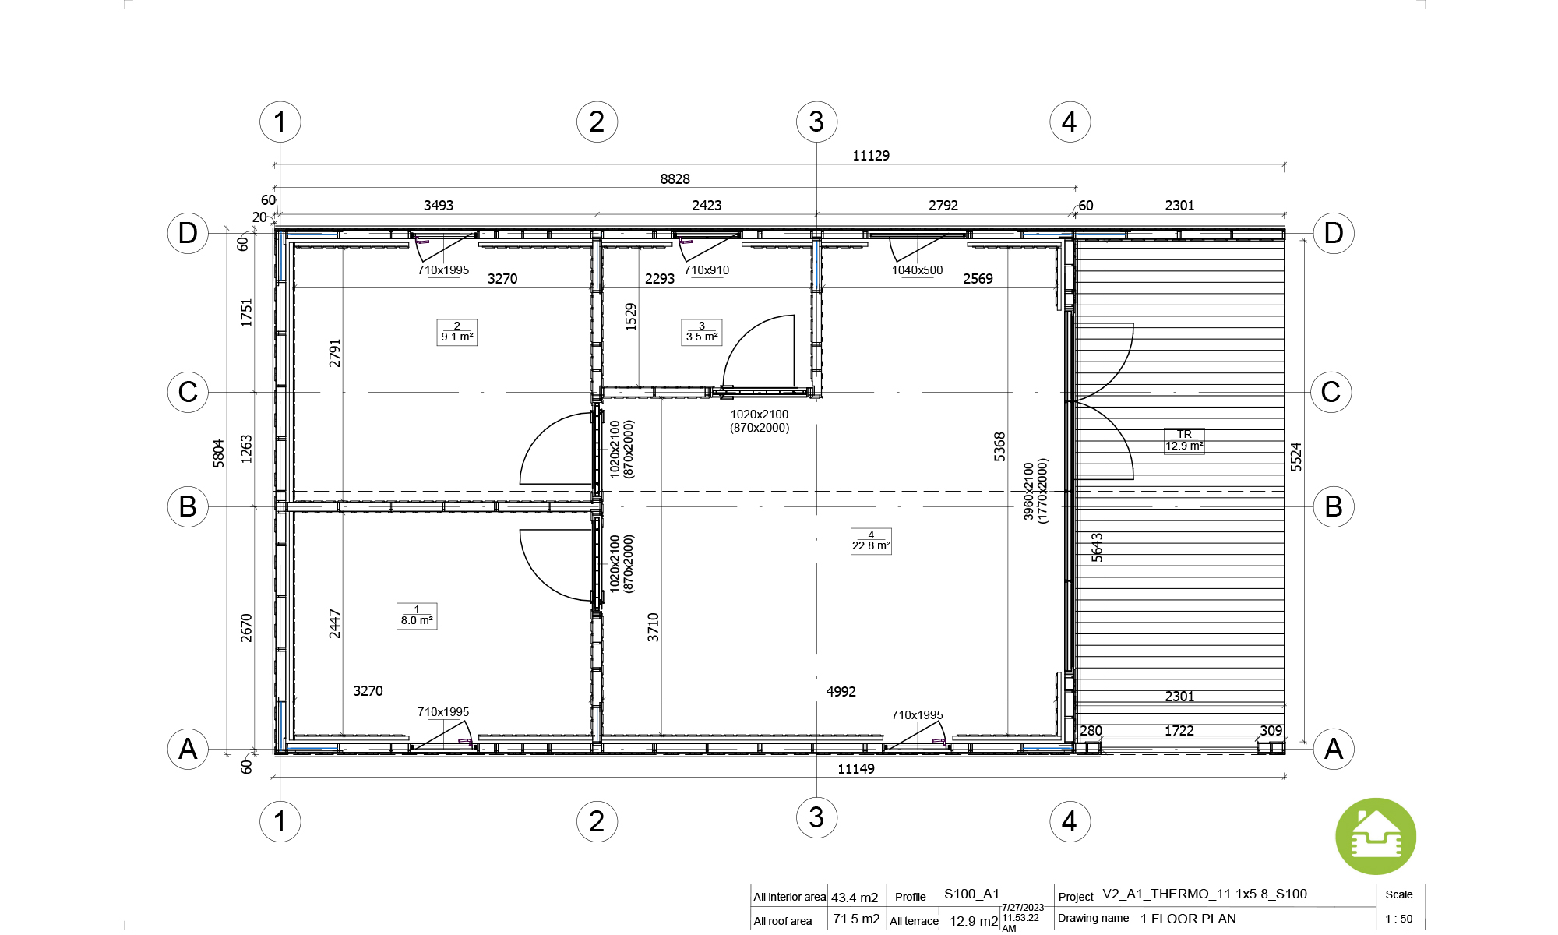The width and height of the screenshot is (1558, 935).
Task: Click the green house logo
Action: tap(1376, 836)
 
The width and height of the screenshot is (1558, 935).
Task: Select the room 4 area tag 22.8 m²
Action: tap(871, 541)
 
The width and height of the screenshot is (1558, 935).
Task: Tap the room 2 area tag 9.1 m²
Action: tap(457, 332)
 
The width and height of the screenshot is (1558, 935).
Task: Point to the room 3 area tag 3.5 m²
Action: tap(702, 332)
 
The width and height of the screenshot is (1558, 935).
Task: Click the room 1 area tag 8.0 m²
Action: tap(417, 616)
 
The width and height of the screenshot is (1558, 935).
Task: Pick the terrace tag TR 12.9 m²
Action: tap(1184, 440)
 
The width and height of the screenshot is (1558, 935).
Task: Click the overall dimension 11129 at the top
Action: tap(871, 156)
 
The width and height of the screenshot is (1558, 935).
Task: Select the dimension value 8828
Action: tap(675, 179)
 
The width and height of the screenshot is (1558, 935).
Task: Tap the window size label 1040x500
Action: tap(918, 270)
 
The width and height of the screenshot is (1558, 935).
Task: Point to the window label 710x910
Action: tap(707, 270)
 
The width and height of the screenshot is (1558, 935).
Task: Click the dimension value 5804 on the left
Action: tap(219, 453)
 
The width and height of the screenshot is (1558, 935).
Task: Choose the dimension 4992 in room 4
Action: tap(841, 692)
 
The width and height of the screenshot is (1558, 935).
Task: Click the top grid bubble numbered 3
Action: tap(816, 122)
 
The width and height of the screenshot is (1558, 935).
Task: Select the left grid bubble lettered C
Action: tap(188, 392)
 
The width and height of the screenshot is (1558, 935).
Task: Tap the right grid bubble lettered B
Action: tap(1334, 506)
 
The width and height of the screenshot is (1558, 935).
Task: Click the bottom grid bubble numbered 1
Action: tap(280, 821)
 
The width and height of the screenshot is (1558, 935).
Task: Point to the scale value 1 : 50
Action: tap(1399, 919)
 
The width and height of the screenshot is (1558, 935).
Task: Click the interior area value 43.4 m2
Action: tap(855, 898)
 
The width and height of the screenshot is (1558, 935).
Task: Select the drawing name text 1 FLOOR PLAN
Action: tap(1188, 919)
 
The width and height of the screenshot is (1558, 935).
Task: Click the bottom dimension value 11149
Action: tap(856, 769)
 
